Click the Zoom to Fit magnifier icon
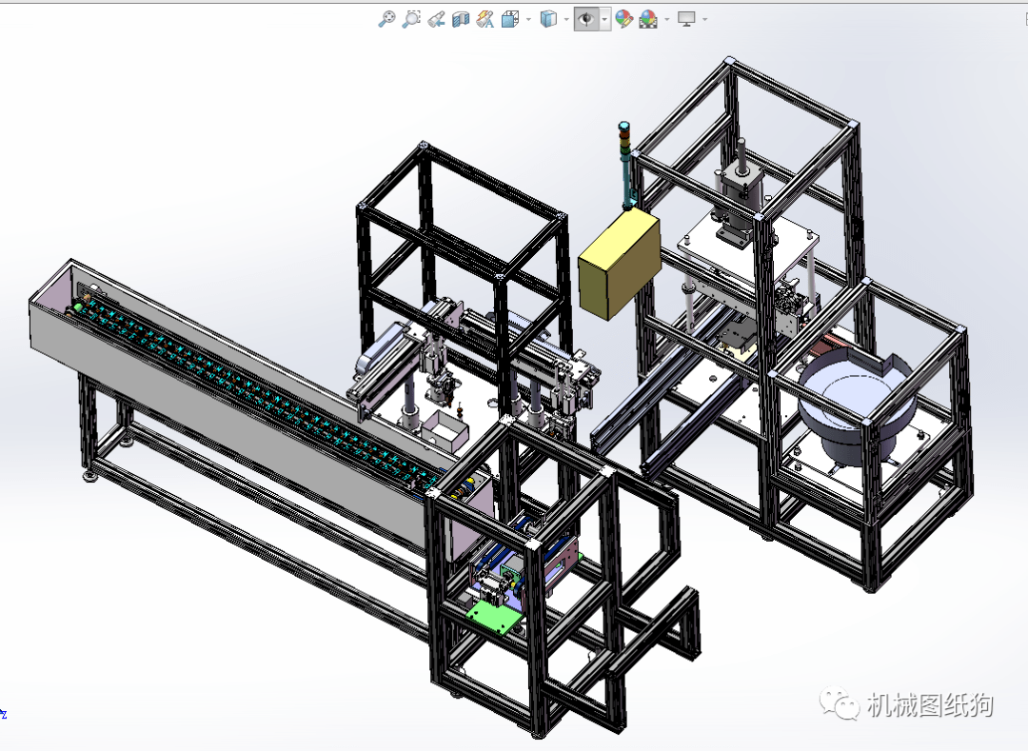(386, 19)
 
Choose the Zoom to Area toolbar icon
(411, 19)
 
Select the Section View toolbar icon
(461, 19)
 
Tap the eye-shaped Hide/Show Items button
(586, 19)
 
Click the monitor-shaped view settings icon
(685, 19)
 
